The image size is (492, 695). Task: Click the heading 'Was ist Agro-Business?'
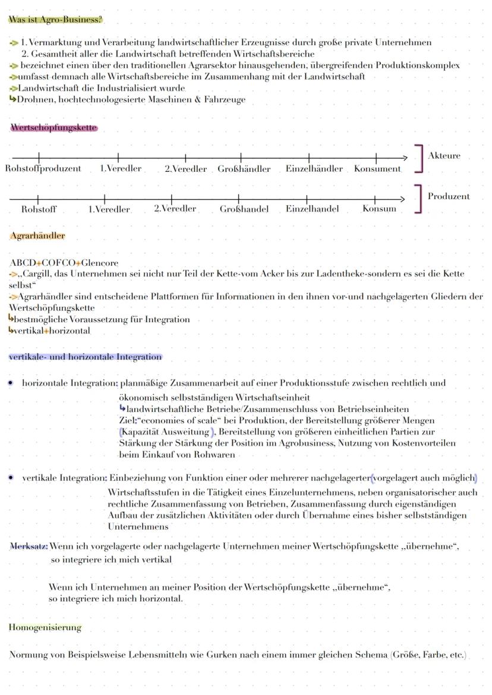point(55,20)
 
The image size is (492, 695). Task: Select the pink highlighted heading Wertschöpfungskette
point(53,128)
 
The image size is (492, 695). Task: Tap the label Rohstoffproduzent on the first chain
point(43,169)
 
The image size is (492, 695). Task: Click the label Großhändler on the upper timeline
point(244,169)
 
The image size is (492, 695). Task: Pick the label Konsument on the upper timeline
point(377,169)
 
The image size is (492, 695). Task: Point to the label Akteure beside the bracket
point(444,156)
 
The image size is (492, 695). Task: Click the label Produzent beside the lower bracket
point(449,196)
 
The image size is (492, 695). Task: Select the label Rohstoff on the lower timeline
point(39,209)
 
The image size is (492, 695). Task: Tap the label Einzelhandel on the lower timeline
point(312,209)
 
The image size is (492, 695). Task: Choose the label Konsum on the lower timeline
point(379,209)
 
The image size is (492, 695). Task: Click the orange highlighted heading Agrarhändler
point(37,236)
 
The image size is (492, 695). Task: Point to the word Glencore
point(100,263)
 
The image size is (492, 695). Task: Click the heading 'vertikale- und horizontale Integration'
point(85,357)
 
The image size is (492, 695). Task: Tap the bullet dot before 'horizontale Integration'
point(11,383)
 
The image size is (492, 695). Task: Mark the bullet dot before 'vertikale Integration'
point(11,478)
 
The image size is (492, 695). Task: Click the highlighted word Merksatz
point(29,546)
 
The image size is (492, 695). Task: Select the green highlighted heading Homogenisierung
point(45,627)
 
